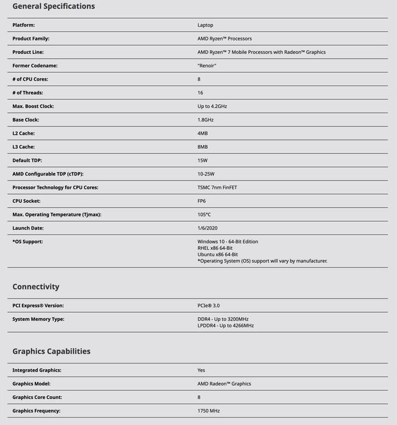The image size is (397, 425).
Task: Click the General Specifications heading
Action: (53, 6)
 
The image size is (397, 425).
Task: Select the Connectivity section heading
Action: (36, 287)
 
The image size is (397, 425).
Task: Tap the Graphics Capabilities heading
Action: (51, 351)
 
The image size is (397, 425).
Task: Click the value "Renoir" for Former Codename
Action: (207, 66)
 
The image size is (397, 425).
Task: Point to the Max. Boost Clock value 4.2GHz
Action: (212, 106)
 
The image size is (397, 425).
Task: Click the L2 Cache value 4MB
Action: (202, 133)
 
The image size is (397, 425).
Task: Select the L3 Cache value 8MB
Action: (202, 147)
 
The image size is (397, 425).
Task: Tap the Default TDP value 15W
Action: (202, 160)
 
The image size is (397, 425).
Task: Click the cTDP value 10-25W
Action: (206, 174)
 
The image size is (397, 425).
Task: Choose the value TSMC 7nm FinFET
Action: (216, 187)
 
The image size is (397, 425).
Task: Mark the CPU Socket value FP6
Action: (202, 201)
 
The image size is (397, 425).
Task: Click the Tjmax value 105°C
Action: (204, 215)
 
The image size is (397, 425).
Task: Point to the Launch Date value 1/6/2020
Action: (207, 228)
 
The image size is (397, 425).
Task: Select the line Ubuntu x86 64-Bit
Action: (218, 254)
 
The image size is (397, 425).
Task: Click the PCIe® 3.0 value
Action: (208, 306)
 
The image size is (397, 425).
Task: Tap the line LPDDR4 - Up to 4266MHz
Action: (226, 325)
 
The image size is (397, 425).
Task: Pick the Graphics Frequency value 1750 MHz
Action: (208, 411)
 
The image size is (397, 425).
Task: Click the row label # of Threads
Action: (30, 92)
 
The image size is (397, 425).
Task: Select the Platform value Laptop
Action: (205, 25)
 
